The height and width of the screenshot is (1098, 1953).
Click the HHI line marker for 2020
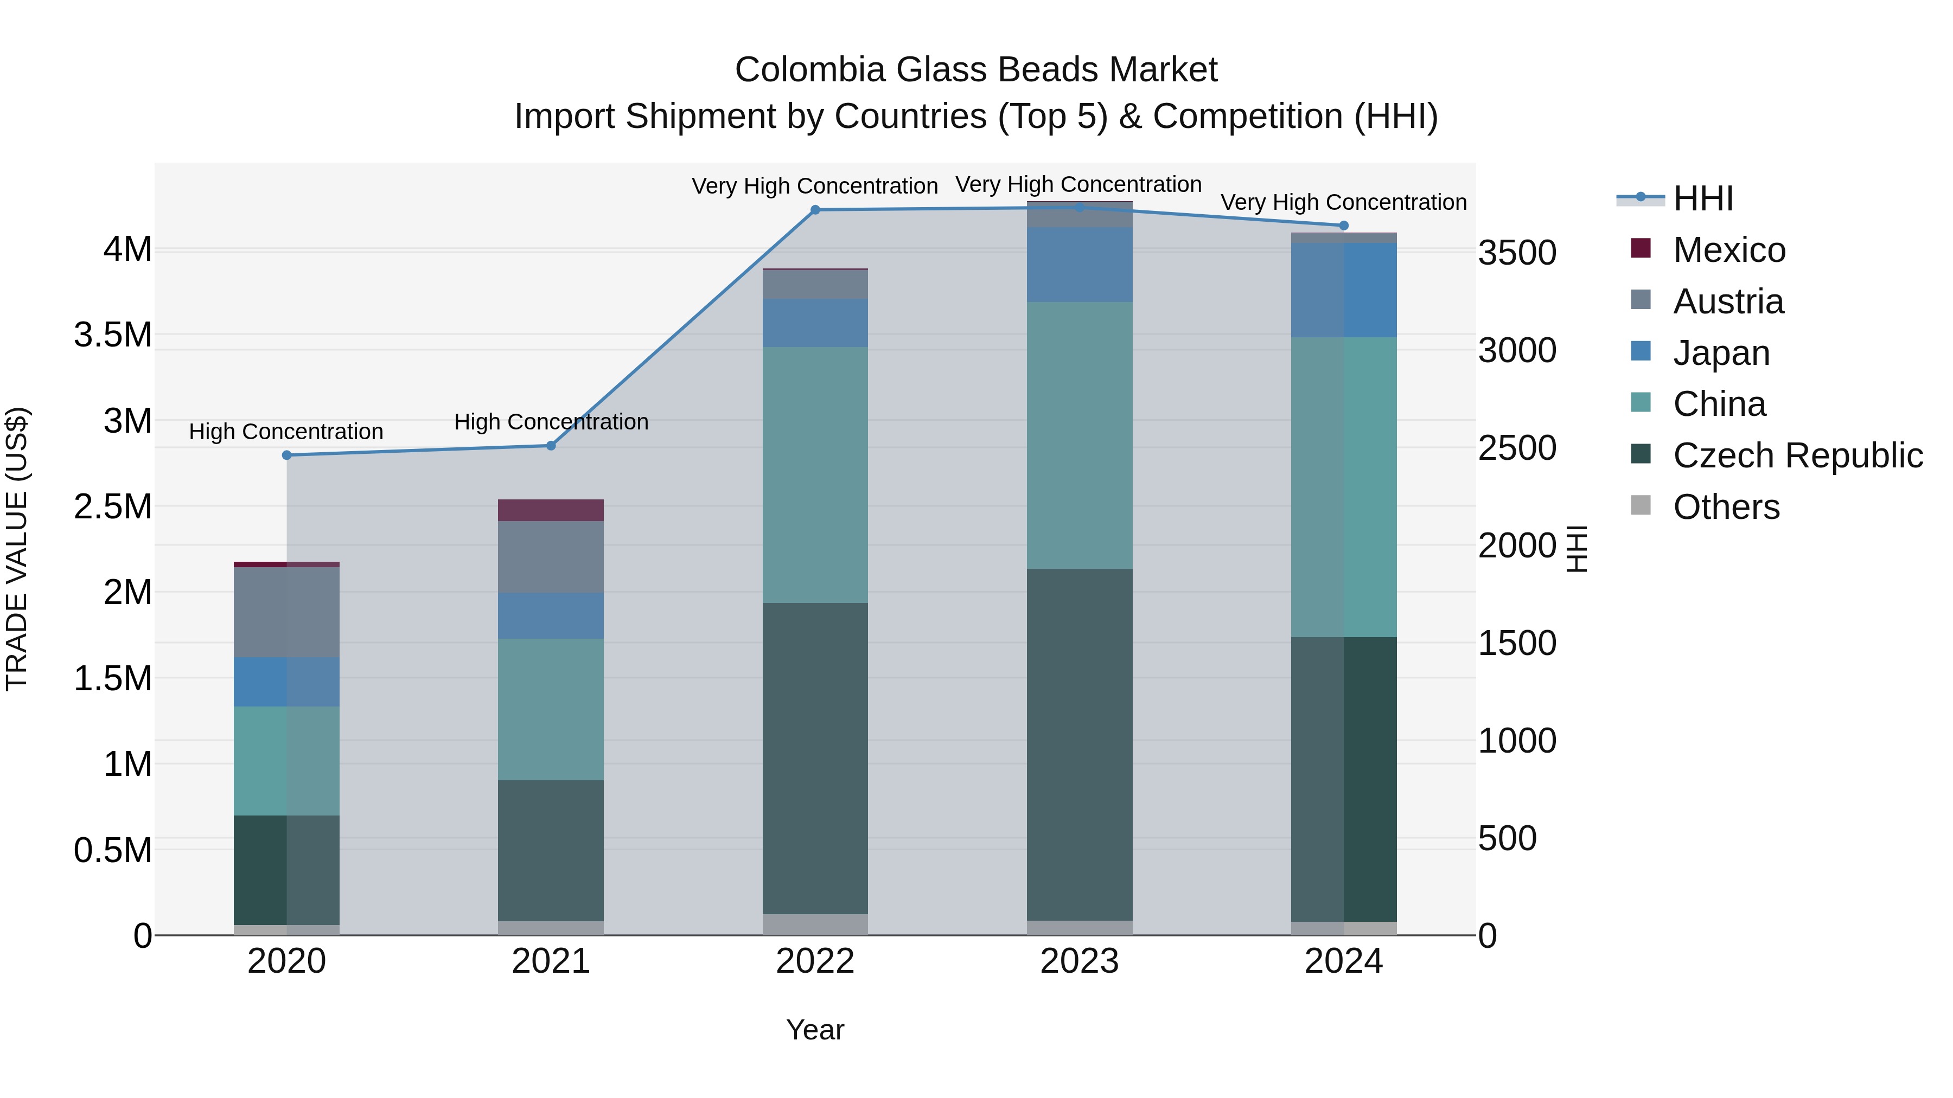click(286, 455)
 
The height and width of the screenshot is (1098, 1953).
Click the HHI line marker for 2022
click(815, 210)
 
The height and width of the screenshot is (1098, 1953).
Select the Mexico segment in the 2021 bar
click(551, 510)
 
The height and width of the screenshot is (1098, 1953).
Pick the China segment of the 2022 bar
click(815, 475)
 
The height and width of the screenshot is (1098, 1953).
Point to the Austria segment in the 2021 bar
click(551, 557)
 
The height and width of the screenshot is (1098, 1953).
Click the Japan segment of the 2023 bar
click(1079, 265)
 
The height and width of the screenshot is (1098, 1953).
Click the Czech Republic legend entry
click(1797, 455)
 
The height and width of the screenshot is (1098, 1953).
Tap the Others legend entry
click(1726, 507)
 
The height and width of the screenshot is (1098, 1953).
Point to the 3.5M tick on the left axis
click(113, 335)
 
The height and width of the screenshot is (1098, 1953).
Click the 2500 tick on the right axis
click(1517, 448)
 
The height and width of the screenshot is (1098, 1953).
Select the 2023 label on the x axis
click(1079, 961)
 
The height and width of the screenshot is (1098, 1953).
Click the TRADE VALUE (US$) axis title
click(17, 549)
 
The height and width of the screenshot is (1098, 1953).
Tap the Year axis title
click(815, 1030)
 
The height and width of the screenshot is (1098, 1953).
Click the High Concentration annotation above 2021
click(551, 421)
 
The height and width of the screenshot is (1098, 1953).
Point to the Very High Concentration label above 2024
click(1343, 202)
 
